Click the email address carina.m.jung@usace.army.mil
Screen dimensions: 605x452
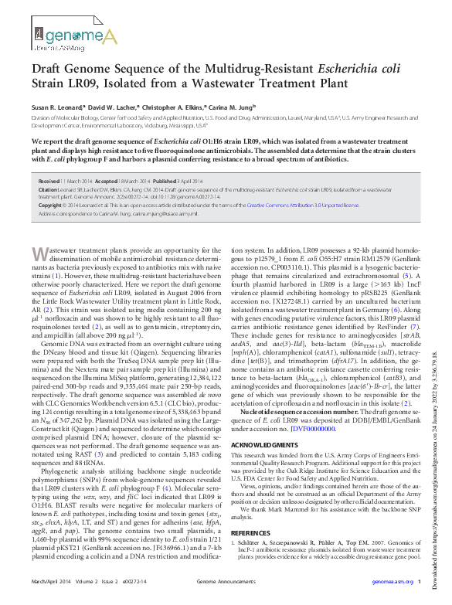pyautogui.click(x=150, y=212)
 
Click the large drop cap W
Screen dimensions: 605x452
pyautogui.click(x=44, y=255)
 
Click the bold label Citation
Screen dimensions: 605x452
pyautogui.click(x=46, y=189)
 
